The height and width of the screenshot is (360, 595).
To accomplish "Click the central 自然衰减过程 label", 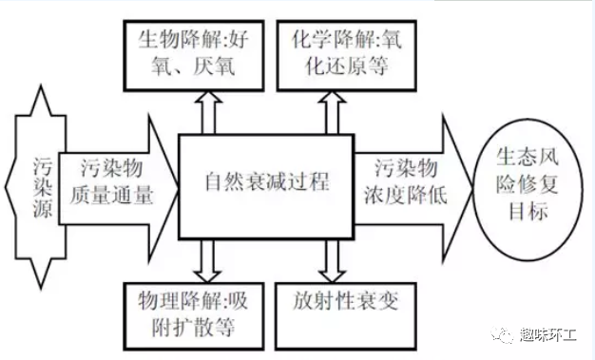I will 267,180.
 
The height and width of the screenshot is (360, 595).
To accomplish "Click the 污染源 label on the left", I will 37,180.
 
